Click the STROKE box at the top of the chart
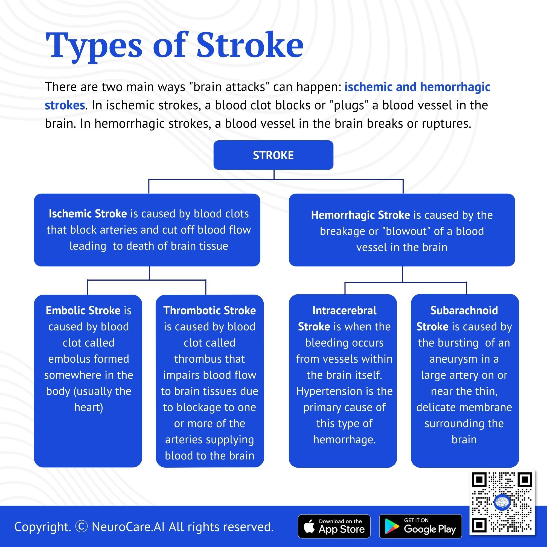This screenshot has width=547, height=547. [273, 155]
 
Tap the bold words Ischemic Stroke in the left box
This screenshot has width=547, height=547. [88, 214]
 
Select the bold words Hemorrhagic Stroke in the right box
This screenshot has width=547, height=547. [360, 215]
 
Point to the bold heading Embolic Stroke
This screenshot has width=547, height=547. [83, 311]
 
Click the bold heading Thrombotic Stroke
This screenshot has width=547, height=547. [210, 311]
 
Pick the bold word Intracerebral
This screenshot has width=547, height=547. [344, 311]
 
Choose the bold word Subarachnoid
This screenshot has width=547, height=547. [464, 311]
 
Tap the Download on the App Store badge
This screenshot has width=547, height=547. [334, 526]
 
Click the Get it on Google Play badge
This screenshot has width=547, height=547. [420, 526]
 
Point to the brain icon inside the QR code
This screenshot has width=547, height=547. [502, 502]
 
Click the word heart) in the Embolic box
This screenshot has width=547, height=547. [89, 408]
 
